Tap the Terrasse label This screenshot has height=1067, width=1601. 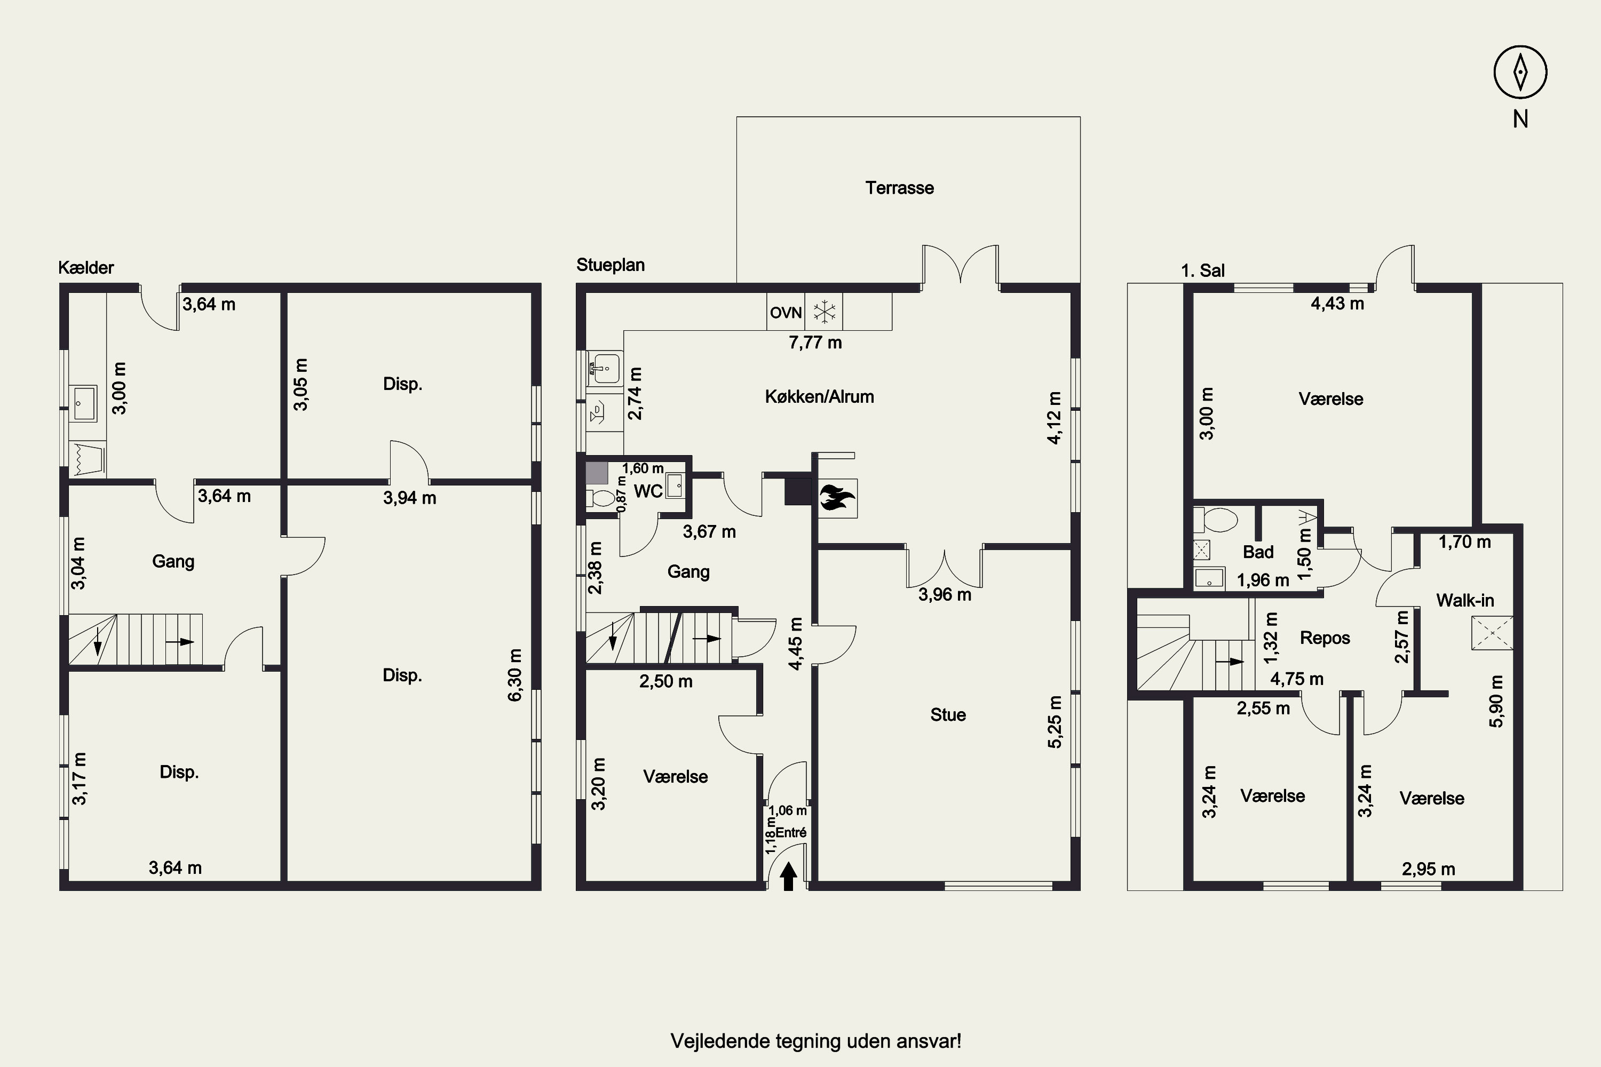899,188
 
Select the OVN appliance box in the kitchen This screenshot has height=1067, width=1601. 786,312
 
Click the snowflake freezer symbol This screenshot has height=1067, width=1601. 825,312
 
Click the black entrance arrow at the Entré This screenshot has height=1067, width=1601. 788,876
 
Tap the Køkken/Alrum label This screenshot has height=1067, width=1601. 820,397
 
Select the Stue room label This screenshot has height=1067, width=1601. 948,714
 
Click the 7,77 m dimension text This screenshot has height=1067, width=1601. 815,343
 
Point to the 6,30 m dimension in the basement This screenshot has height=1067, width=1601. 516,674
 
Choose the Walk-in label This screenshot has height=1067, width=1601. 1465,600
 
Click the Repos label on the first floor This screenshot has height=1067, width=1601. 1325,638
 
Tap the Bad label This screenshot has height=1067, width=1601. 1258,552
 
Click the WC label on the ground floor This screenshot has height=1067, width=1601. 648,491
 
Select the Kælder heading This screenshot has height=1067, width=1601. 86,267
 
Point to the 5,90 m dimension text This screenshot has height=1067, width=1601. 1496,701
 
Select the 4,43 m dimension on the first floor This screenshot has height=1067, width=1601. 1337,304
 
